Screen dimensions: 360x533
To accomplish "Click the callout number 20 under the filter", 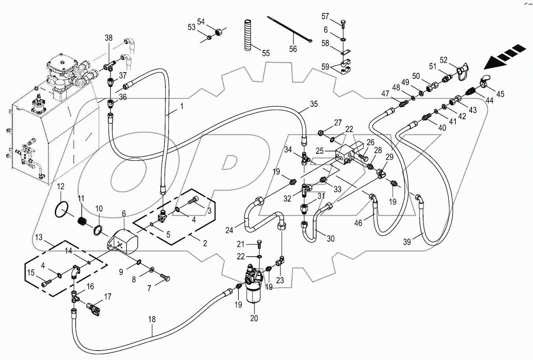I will pos(254,319).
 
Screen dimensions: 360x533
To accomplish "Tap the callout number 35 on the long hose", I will pos(314,104).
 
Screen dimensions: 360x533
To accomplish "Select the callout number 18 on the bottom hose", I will pos(152,320).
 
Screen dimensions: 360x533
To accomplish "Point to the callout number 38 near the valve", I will pos(108,38).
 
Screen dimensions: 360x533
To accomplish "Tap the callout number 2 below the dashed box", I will pos(204,243).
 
